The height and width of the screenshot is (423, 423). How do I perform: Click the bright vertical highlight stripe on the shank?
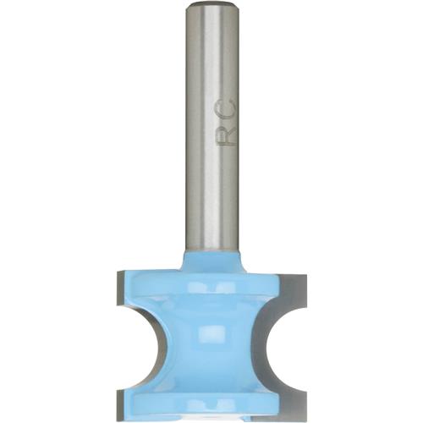coord(200,127)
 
